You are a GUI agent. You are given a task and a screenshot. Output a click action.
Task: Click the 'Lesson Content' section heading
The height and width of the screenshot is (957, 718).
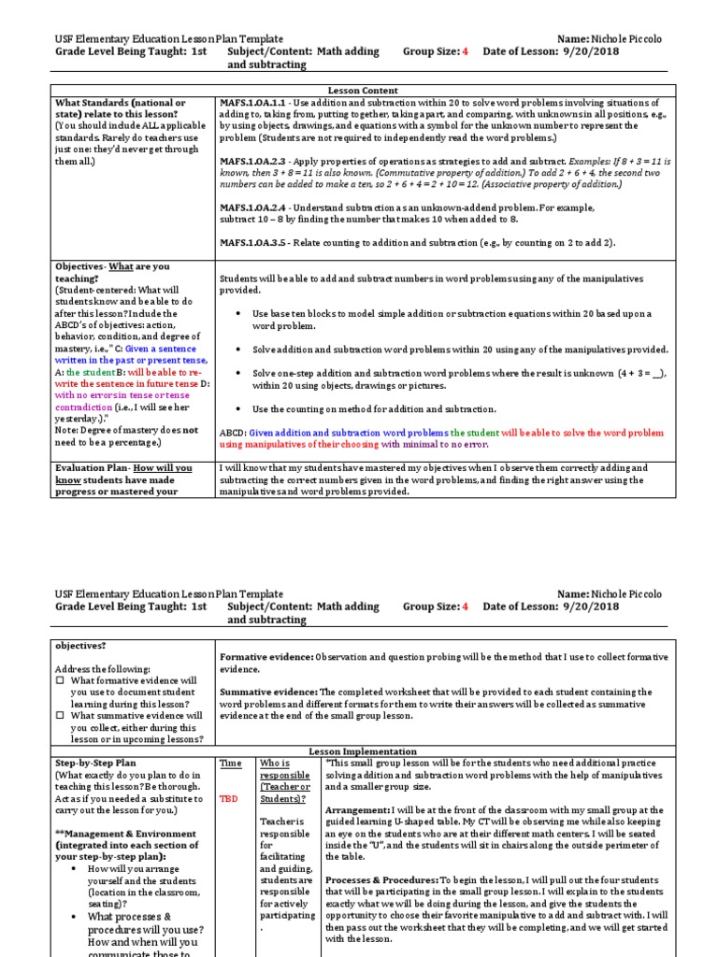pos(361,90)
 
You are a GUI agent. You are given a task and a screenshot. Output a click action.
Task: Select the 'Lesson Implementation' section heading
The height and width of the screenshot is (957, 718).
pos(361,750)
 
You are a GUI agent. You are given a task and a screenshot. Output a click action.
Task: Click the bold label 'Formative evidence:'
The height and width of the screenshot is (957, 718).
pos(266,657)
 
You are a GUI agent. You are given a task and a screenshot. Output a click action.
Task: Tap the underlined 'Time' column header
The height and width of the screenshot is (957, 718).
pos(230,764)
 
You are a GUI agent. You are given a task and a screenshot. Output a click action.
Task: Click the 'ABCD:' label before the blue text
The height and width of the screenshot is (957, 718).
pos(233,433)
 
